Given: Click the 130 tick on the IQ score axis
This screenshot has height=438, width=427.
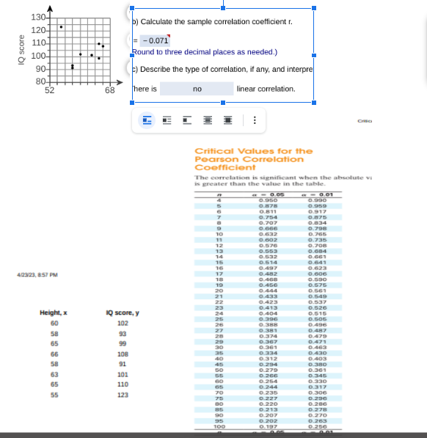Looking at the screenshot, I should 39,17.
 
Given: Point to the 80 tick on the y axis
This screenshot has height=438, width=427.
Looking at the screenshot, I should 40,81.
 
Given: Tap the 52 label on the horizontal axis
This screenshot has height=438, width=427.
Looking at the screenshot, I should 49,90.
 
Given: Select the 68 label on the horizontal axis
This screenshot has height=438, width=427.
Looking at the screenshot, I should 109,90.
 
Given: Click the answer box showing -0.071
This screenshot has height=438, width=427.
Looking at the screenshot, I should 154,40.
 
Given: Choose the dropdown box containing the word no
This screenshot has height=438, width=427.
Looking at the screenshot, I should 197,89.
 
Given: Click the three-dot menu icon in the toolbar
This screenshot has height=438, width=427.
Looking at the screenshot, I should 255,120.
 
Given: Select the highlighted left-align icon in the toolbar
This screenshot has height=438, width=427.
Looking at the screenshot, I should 147,120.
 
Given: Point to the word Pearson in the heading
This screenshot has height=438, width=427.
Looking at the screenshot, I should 214,159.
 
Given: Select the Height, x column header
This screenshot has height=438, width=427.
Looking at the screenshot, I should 54,314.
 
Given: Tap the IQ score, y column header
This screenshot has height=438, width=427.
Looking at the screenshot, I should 123,314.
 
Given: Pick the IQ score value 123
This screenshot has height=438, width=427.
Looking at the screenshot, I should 123,395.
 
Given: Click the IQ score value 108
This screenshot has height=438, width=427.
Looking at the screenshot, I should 123,354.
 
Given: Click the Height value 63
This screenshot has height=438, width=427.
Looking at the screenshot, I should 54,374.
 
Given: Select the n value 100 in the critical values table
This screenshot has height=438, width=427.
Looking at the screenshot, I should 218,426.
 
